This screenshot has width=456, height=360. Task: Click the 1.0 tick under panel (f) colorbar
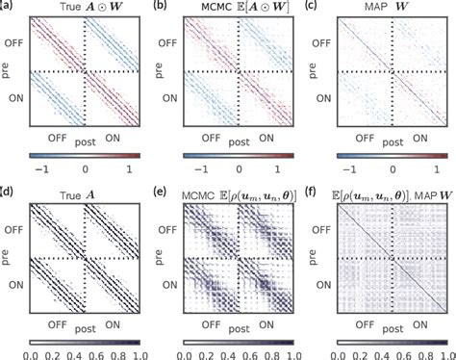point(441,352)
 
